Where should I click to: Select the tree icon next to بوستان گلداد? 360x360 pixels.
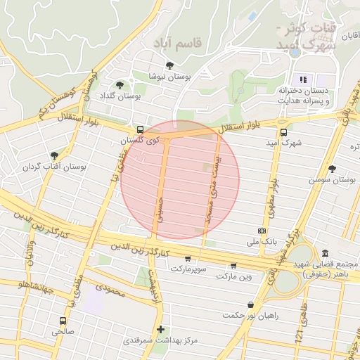point(120,84)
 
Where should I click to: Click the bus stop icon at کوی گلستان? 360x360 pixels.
point(141,130)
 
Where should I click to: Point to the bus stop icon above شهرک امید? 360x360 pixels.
point(283,131)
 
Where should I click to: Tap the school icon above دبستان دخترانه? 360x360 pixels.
point(304,79)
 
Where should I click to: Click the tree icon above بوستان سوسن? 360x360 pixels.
point(332,169)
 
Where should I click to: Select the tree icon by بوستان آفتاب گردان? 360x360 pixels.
point(54,156)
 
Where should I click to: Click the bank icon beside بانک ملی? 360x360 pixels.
point(262,231)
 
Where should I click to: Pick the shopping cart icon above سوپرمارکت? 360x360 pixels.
point(187,258)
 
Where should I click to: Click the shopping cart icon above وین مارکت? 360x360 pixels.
point(233,266)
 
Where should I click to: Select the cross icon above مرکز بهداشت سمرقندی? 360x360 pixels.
point(161,329)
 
